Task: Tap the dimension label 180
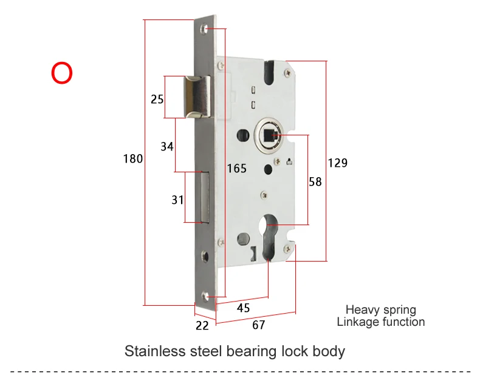[133, 159]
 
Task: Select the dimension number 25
[157, 100]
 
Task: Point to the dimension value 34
[167, 147]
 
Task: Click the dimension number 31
[177, 200]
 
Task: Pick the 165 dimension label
[236, 169]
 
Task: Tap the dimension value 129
[338, 163]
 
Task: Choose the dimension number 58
[315, 182]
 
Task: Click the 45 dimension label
[244, 308]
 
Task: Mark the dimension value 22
[202, 326]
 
